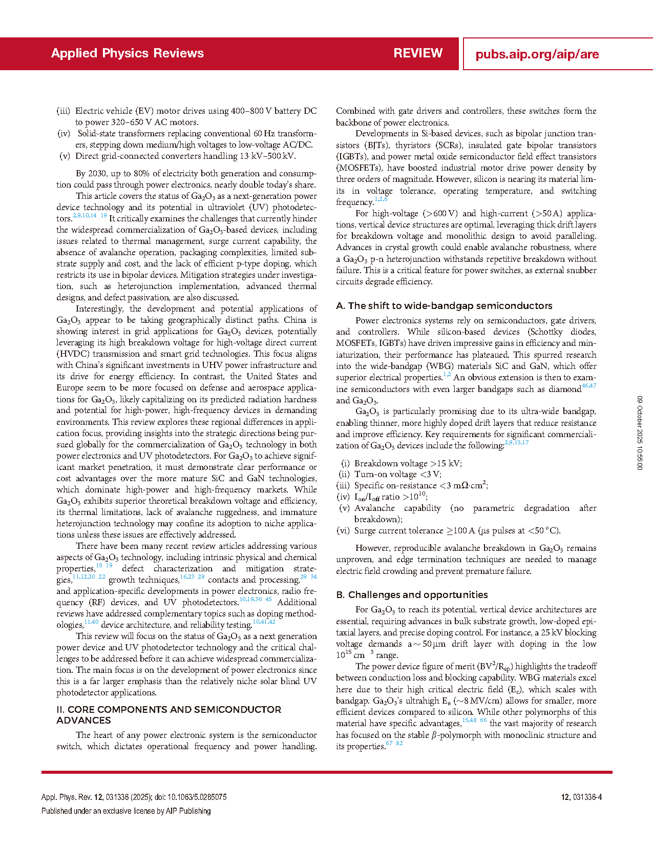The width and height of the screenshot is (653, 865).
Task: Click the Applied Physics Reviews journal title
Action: coord(127,53)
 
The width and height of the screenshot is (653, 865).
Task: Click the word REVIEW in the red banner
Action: coord(418,53)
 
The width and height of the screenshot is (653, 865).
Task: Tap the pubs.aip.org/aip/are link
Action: coord(537,54)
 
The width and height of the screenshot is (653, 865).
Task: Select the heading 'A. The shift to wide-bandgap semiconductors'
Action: coord(444,306)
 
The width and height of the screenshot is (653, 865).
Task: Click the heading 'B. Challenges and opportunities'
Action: coord(412,595)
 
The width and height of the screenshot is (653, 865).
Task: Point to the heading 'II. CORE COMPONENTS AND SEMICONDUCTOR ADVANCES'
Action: coord(168,715)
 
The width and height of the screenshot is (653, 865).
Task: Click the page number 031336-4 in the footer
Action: coord(581,797)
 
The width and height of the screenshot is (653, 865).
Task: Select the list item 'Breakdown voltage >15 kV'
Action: coord(408,463)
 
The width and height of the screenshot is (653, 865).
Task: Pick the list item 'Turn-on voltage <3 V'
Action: coord(397,475)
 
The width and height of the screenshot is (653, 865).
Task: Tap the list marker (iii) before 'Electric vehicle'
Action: coord(64,111)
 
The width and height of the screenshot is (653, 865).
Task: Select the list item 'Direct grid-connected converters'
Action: coord(185,156)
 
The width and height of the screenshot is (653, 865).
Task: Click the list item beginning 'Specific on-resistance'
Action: coord(420,486)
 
